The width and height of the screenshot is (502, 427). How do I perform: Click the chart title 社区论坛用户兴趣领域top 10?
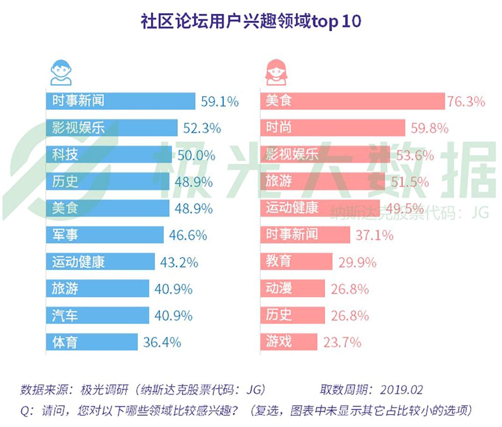coord(251,22)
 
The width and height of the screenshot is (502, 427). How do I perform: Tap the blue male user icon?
coord(61,72)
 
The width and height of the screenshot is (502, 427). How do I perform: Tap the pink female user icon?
coord(276,72)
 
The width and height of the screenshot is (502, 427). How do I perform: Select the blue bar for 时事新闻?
coord(120,101)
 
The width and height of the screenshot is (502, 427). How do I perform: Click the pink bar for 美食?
coord(352,101)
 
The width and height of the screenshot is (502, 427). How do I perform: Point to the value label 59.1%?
coord(219,101)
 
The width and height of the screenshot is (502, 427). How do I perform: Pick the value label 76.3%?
coord(466,101)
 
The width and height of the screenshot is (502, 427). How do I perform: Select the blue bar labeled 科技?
coord(108,155)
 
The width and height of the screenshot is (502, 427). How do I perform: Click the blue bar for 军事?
coord(105,235)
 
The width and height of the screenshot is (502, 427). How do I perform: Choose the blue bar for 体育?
coord(92,342)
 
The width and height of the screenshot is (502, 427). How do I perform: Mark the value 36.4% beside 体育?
coord(162,342)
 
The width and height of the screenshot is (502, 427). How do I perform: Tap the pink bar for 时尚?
coord(332,128)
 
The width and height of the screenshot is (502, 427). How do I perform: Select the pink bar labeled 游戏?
coord(289,342)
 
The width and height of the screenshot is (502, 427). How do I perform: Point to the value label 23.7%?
coord(342,342)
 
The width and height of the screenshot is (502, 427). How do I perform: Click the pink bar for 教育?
coord(296,261)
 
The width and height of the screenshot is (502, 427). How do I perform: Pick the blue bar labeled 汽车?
coord(97,315)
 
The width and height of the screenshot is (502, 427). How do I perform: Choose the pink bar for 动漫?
coord(292,289)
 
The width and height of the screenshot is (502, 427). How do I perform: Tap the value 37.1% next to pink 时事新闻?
coord(374,235)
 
